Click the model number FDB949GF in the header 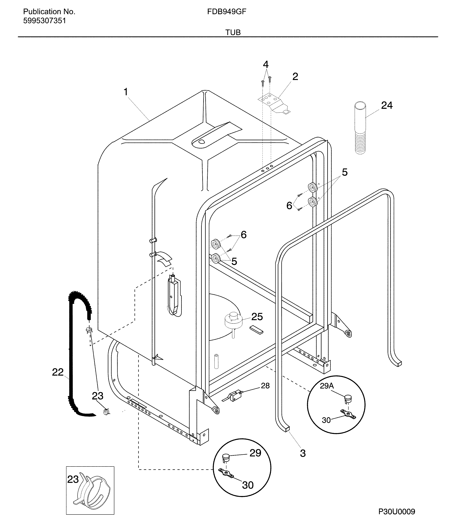(x=227, y=12)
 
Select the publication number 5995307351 (x=45, y=21)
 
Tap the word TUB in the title (x=233, y=32)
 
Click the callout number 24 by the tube (x=387, y=105)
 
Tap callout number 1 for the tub (x=126, y=92)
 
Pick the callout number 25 (x=257, y=317)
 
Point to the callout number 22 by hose (x=58, y=372)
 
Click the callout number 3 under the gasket (x=303, y=453)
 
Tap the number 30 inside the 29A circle (x=326, y=420)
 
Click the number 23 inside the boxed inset (x=73, y=480)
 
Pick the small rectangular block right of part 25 (x=256, y=330)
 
